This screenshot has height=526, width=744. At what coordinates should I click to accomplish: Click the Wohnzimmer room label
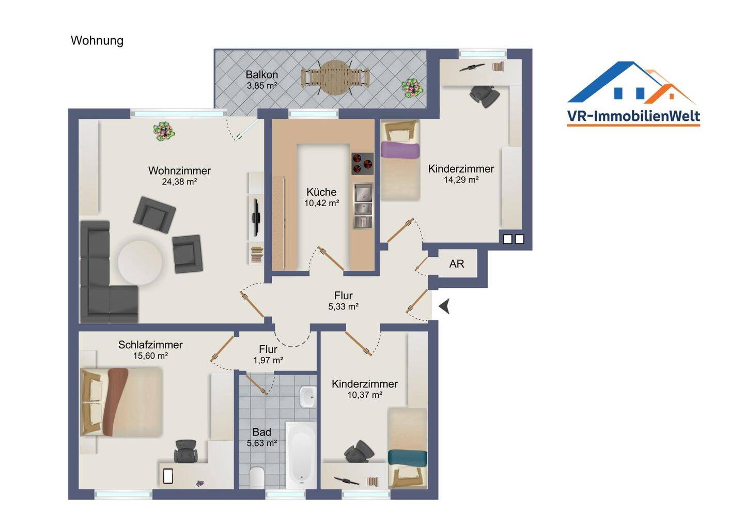coord(179,171)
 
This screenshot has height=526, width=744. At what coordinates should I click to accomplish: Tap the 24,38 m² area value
coord(179,182)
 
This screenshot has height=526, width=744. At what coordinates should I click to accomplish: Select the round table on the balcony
coord(335,78)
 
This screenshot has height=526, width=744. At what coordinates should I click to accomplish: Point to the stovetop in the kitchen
coord(362,164)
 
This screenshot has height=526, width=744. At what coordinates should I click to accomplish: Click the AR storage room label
coord(456,264)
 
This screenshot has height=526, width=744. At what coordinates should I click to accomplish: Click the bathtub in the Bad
coord(301,455)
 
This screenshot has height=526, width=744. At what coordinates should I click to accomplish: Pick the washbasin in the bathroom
coord(307,396)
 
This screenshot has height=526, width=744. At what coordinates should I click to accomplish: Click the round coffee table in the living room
coord(140,262)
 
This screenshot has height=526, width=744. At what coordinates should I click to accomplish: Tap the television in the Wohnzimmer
coord(256,218)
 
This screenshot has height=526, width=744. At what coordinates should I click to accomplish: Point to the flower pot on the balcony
coord(412,88)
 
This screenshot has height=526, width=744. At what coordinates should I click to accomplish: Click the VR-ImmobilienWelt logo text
coord(633,116)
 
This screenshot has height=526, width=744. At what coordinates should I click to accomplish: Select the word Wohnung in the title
coord(97,40)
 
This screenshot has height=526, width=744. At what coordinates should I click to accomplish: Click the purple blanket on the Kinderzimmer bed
coord(400,150)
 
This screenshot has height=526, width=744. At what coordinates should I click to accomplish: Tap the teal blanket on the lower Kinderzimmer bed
coord(408,458)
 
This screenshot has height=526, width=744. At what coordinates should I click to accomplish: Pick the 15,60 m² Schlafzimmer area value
coord(150,355)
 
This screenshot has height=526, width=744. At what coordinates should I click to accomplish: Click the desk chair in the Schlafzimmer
coord(185,451)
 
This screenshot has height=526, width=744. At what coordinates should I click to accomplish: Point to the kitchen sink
coord(362,206)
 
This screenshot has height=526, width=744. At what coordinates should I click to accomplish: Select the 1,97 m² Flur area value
coord(268,360)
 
